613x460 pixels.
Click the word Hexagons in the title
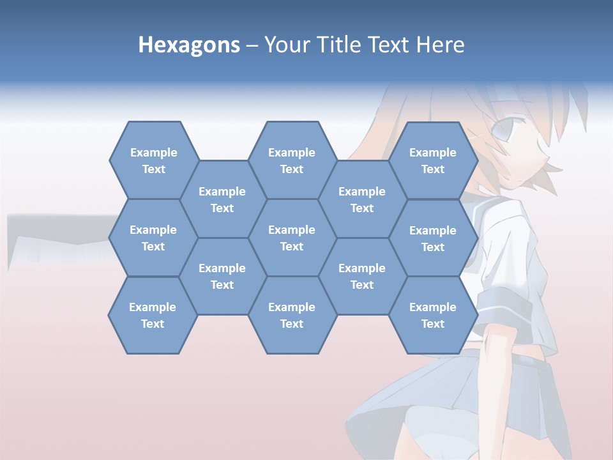click(x=189, y=45)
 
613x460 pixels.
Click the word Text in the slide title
click(x=389, y=45)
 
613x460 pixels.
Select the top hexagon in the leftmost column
click(x=153, y=160)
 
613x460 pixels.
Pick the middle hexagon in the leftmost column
click(x=153, y=238)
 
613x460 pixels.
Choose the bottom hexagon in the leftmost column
click(x=153, y=315)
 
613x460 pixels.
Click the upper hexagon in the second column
click(x=222, y=199)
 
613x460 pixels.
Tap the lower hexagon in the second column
click(x=222, y=276)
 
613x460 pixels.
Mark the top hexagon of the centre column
click(x=292, y=160)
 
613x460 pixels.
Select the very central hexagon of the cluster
click(x=292, y=238)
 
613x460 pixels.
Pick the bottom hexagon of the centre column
click(x=292, y=315)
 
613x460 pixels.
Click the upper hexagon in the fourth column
click(x=362, y=199)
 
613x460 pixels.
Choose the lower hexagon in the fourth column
click(x=362, y=276)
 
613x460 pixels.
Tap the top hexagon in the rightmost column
click(x=433, y=160)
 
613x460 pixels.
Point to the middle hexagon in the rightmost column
click(x=433, y=238)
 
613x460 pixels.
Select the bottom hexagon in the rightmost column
click(x=433, y=315)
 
